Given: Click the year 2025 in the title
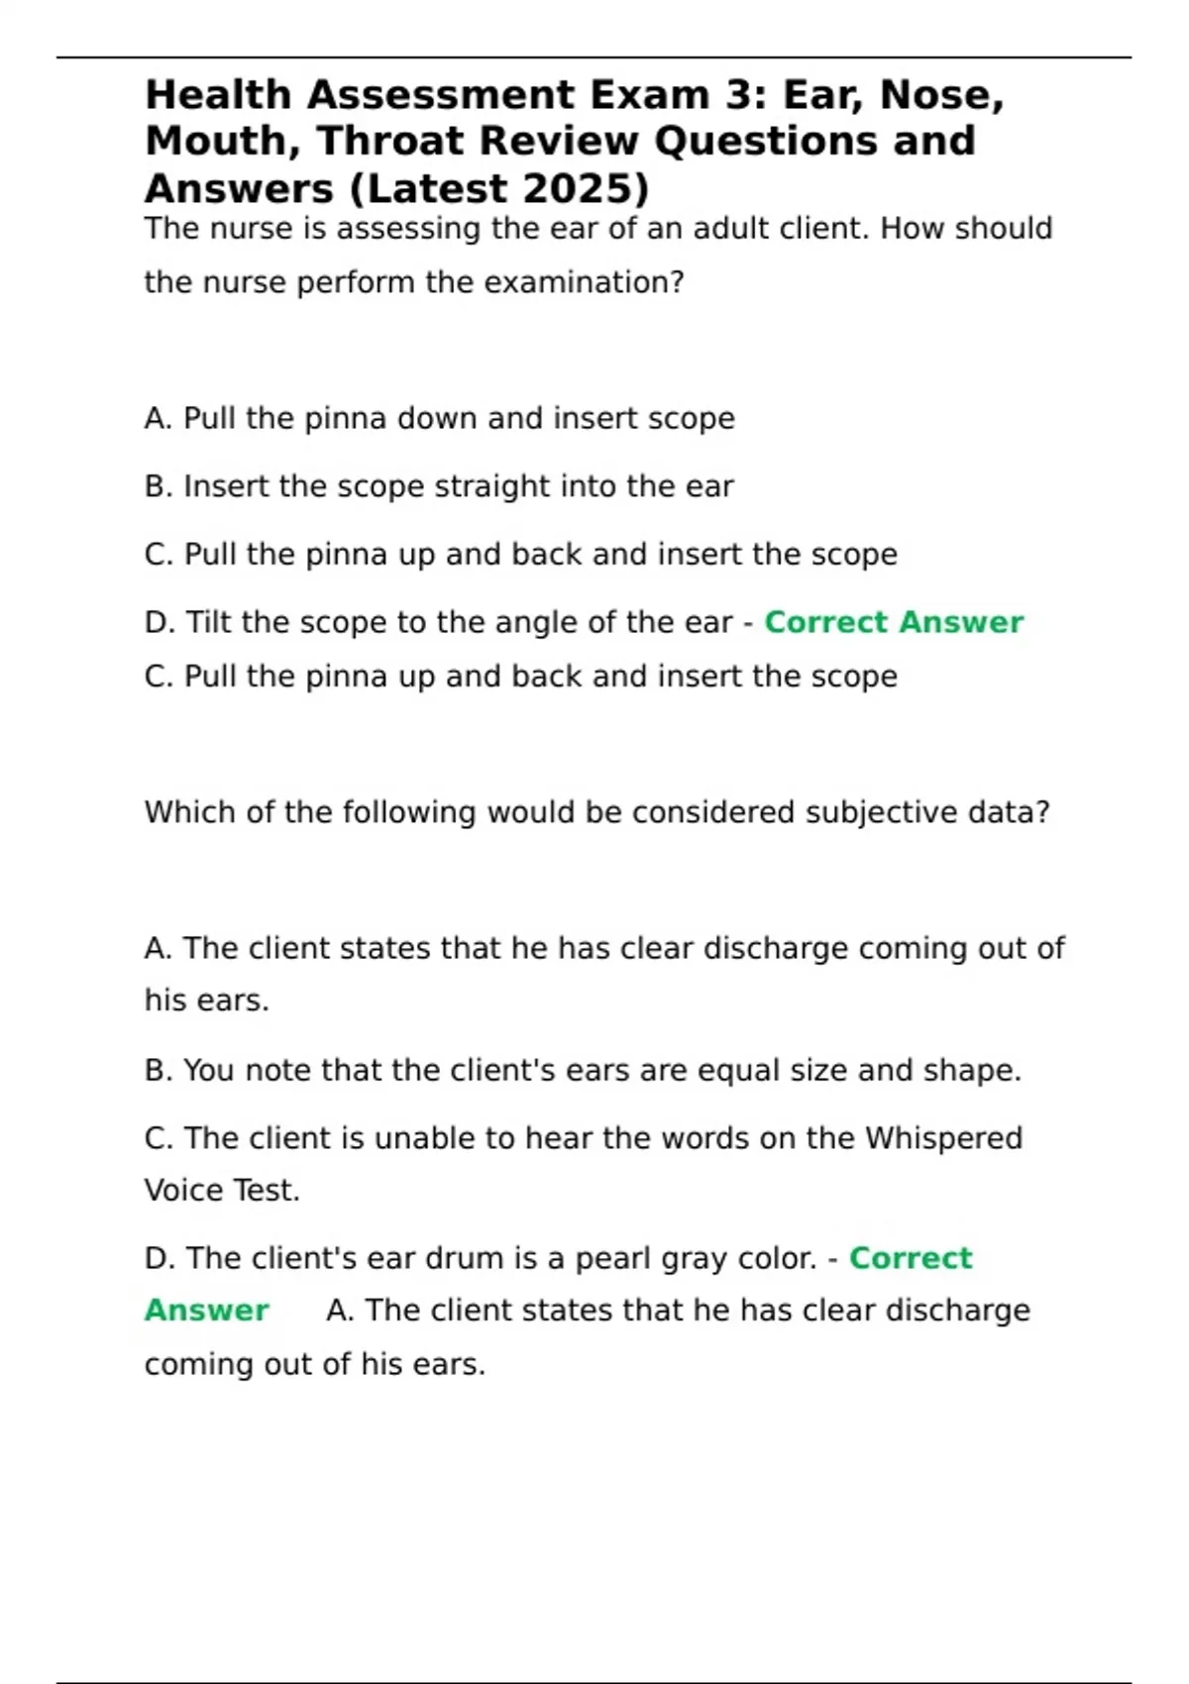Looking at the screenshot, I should tap(576, 188).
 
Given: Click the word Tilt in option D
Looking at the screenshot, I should tap(209, 622).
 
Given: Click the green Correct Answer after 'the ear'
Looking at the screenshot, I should tap(894, 622).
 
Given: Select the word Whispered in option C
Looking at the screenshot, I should tap(943, 1138).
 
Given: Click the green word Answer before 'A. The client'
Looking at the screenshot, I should tap(207, 1311).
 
